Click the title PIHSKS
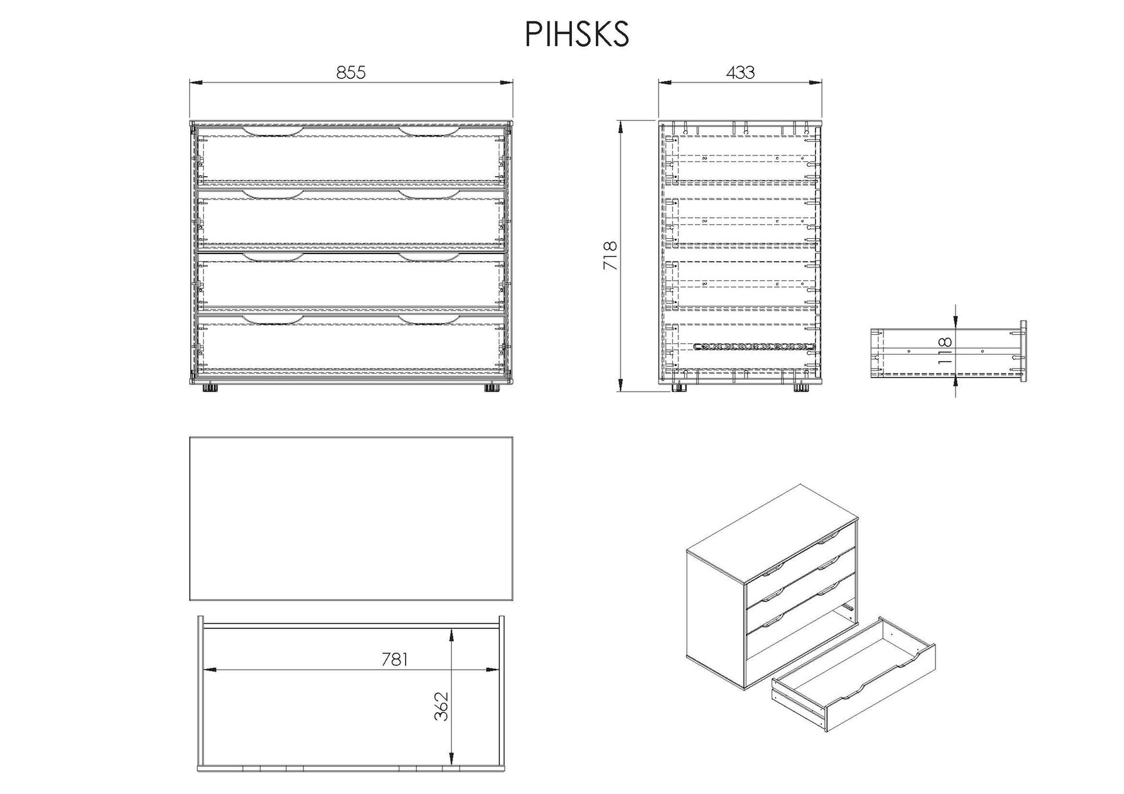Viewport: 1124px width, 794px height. (x=577, y=35)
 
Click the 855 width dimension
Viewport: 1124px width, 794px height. (x=351, y=73)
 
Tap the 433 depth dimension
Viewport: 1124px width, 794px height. (x=740, y=73)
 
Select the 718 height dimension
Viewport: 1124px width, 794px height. (x=610, y=256)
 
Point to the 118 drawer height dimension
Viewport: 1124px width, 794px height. (x=945, y=351)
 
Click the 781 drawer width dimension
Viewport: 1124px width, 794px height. (x=394, y=659)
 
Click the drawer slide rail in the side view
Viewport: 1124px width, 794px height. (x=753, y=347)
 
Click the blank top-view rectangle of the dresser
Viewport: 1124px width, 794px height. (x=351, y=518)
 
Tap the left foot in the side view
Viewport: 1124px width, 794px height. (x=679, y=387)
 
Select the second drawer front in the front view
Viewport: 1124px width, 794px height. (x=351, y=218)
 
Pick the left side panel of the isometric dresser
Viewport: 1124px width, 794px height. (x=715, y=617)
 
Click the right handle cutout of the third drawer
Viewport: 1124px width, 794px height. (x=430, y=257)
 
